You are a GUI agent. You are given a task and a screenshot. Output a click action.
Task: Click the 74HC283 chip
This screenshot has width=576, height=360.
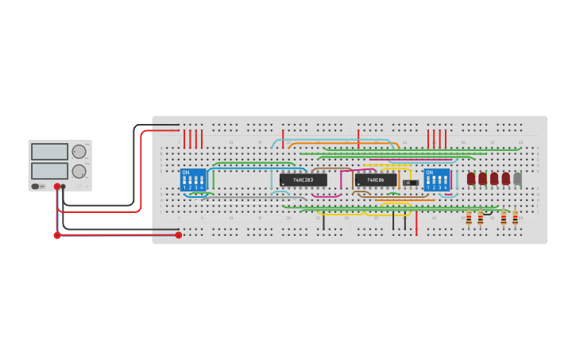(x=303, y=180)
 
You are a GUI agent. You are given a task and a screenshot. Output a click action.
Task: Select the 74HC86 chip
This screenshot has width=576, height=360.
(x=376, y=180)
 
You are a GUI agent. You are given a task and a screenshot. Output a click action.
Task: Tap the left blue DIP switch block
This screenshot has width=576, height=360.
(x=193, y=180)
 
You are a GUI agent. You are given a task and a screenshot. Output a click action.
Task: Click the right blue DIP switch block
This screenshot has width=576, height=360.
(x=436, y=180)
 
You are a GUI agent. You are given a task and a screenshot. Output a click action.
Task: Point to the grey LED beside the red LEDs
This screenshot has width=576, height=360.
(x=517, y=179)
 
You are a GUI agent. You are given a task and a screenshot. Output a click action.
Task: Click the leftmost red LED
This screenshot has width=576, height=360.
(x=471, y=179)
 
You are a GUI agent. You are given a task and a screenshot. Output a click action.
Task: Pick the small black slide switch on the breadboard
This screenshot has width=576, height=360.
(x=410, y=183)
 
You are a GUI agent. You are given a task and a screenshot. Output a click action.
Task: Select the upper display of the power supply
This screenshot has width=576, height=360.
(x=49, y=152)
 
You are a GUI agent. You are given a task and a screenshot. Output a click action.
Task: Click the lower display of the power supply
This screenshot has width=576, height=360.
(x=49, y=170)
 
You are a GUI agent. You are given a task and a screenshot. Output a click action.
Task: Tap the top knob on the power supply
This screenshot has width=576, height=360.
(x=79, y=152)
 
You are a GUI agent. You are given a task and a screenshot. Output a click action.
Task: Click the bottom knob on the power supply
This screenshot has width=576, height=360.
(x=79, y=171)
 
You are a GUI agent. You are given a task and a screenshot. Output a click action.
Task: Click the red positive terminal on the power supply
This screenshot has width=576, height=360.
(x=57, y=187)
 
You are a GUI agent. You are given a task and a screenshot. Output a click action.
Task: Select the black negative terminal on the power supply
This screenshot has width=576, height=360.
(x=64, y=187)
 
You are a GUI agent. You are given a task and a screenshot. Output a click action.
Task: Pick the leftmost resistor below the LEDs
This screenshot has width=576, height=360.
(x=469, y=218)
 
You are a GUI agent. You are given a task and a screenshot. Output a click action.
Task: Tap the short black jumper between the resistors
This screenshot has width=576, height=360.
(x=492, y=212)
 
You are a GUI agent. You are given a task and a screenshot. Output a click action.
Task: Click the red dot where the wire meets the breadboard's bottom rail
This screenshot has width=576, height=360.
(x=179, y=235)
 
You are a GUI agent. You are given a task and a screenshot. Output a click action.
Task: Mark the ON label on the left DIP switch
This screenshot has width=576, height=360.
(x=186, y=172)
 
